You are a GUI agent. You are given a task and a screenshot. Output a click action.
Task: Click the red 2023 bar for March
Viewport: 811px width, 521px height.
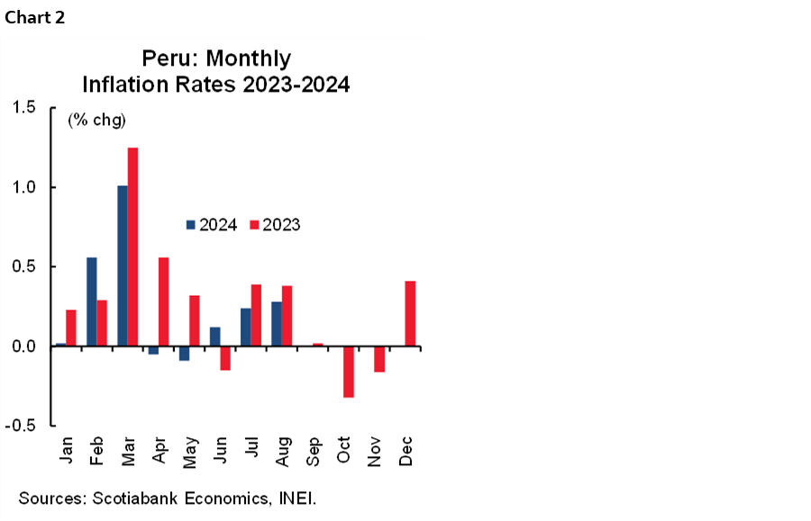pos(132,247)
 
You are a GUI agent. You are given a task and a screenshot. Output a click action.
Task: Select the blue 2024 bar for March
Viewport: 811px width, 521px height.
pos(122,265)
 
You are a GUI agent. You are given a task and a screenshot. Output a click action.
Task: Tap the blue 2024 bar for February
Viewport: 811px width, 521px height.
pos(91,301)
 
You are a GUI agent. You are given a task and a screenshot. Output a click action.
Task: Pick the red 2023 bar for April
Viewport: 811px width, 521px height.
pos(163,301)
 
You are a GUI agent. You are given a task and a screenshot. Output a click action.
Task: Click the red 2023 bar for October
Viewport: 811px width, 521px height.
pos(348,372)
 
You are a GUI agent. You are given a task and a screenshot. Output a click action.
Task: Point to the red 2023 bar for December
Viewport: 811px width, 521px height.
pos(410,313)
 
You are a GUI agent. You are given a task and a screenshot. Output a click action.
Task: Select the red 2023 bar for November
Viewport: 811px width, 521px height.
pos(379,359)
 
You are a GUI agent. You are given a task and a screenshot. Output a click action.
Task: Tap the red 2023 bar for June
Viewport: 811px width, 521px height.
pos(225,358)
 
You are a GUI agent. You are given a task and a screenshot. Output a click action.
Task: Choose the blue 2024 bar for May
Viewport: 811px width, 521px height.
pos(184,353)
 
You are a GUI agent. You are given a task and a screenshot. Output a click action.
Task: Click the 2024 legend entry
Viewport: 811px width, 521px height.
pos(212,225)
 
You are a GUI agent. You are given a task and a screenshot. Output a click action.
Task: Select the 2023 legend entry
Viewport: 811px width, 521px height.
pos(275,225)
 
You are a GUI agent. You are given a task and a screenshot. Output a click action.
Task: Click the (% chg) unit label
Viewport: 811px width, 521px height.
pos(96,120)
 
